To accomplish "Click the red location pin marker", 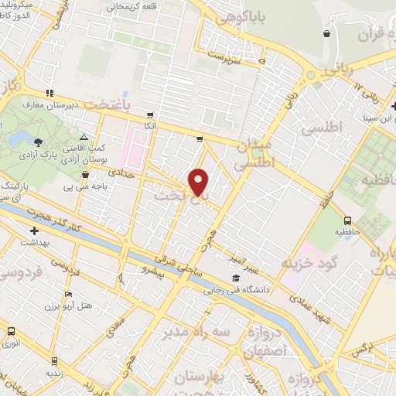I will pyautogui.click(x=199, y=182).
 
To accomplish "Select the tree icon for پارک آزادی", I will pyautogui.click(x=39, y=139).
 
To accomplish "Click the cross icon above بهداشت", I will pyautogui.click(x=34, y=230).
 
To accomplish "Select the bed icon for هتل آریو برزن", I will pyautogui.click(x=68, y=295).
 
